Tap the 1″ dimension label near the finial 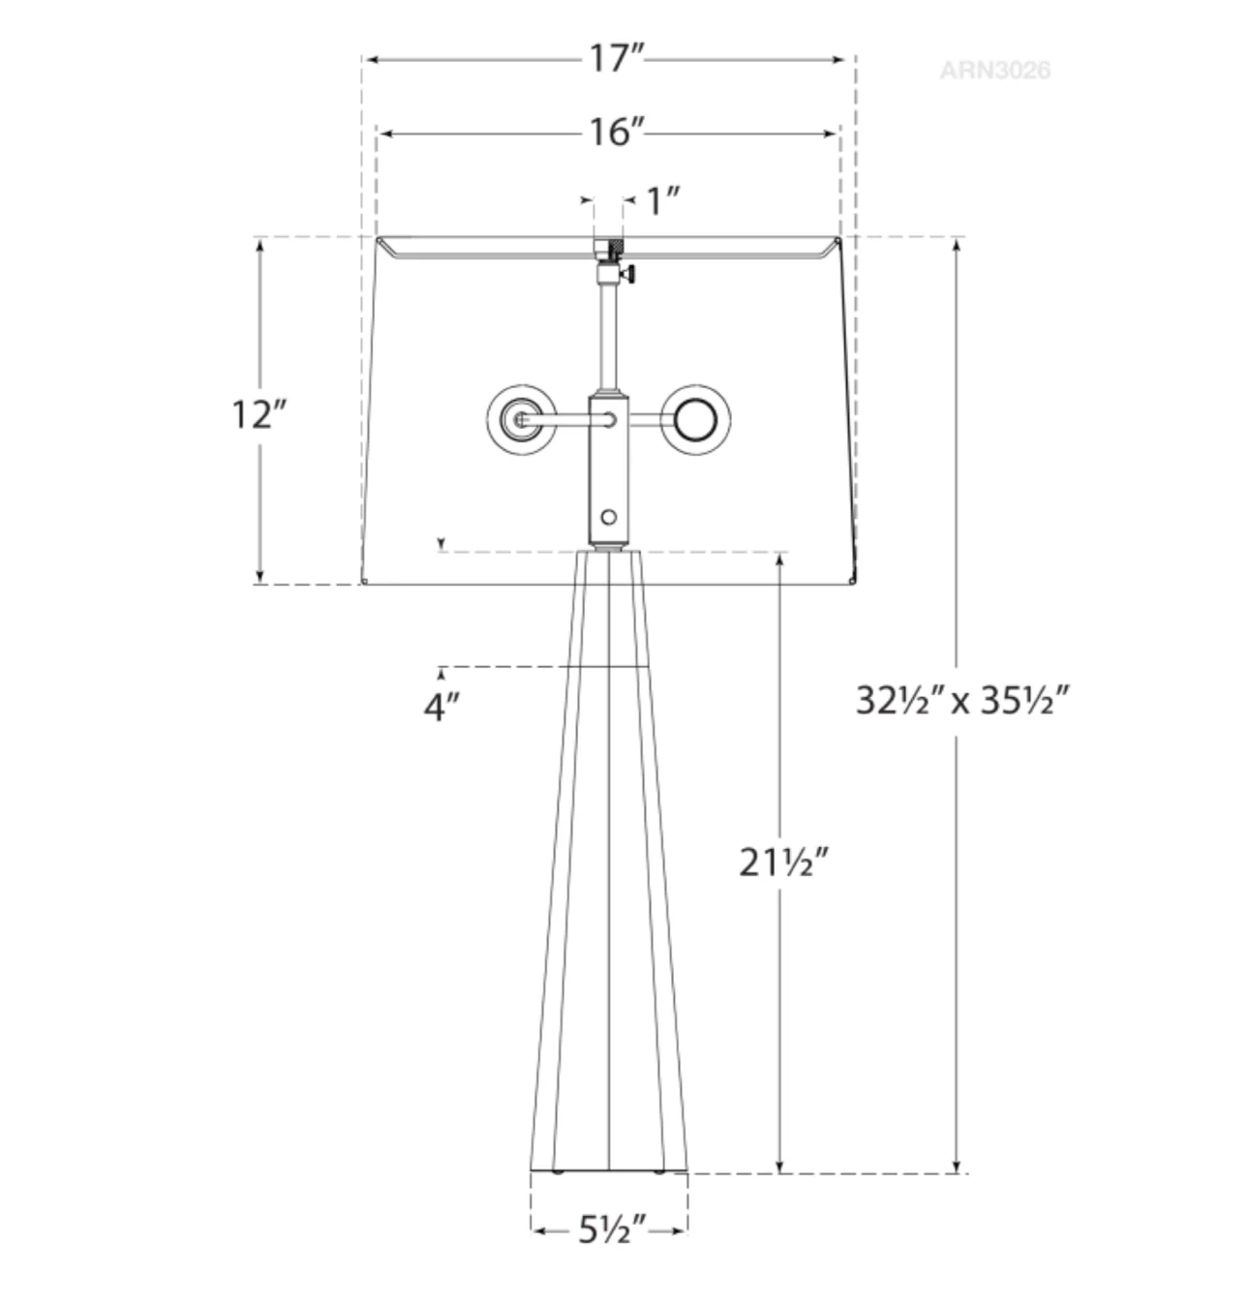(663, 201)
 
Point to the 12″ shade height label (259, 414)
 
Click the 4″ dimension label (441, 707)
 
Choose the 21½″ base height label (784, 863)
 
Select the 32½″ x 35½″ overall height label (962, 701)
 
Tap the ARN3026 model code (994, 71)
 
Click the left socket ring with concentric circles (521, 420)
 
